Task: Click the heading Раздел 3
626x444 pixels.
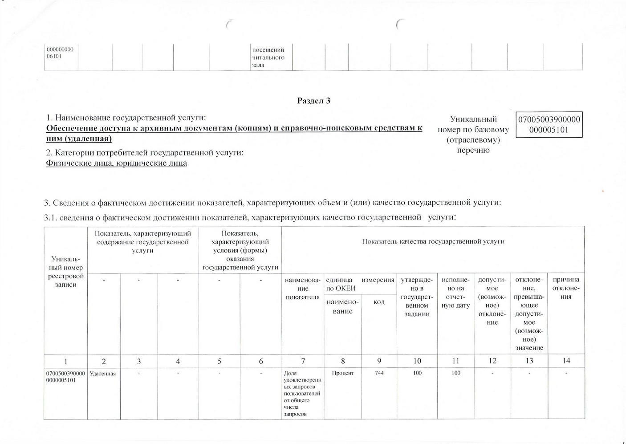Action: tap(313, 101)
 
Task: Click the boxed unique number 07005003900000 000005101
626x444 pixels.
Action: tap(549, 124)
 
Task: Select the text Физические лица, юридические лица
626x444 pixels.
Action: tap(117, 163)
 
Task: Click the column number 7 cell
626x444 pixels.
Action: tap(303, 361)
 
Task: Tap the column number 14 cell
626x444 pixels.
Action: tap(566, 360)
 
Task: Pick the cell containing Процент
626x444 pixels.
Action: tap(343, 373)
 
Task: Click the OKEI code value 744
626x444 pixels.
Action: tap(379, 373)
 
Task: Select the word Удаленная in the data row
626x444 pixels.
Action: tap(103, 374)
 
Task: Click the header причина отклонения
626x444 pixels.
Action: tap(566, 288)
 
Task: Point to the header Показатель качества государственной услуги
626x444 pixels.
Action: tap(433, 241)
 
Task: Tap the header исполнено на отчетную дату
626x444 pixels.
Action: tap(455, 292)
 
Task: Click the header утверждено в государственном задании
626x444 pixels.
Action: tap(417, 297)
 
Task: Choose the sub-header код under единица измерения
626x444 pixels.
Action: tap(379, 302)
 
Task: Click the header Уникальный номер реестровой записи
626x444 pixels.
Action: tap(66, 272)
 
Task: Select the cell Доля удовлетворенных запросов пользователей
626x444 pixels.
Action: tap(302, 393)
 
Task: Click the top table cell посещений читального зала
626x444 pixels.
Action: tap(268, 57)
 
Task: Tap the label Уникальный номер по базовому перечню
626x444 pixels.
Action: tap(473, 134)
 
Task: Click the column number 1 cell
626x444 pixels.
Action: tap(66, 361)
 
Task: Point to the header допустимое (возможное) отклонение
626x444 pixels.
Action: tap(492, 301)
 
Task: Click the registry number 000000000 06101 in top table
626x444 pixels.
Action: tap(60, 53)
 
